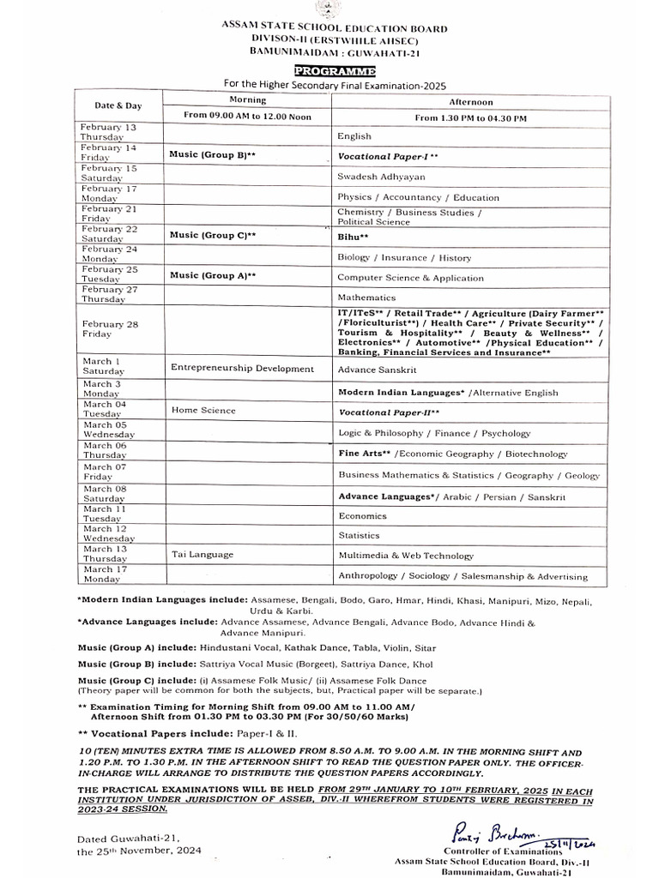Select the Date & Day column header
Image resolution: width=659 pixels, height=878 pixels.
coord(118,105)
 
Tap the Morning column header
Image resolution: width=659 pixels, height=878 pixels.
coord(247,100)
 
